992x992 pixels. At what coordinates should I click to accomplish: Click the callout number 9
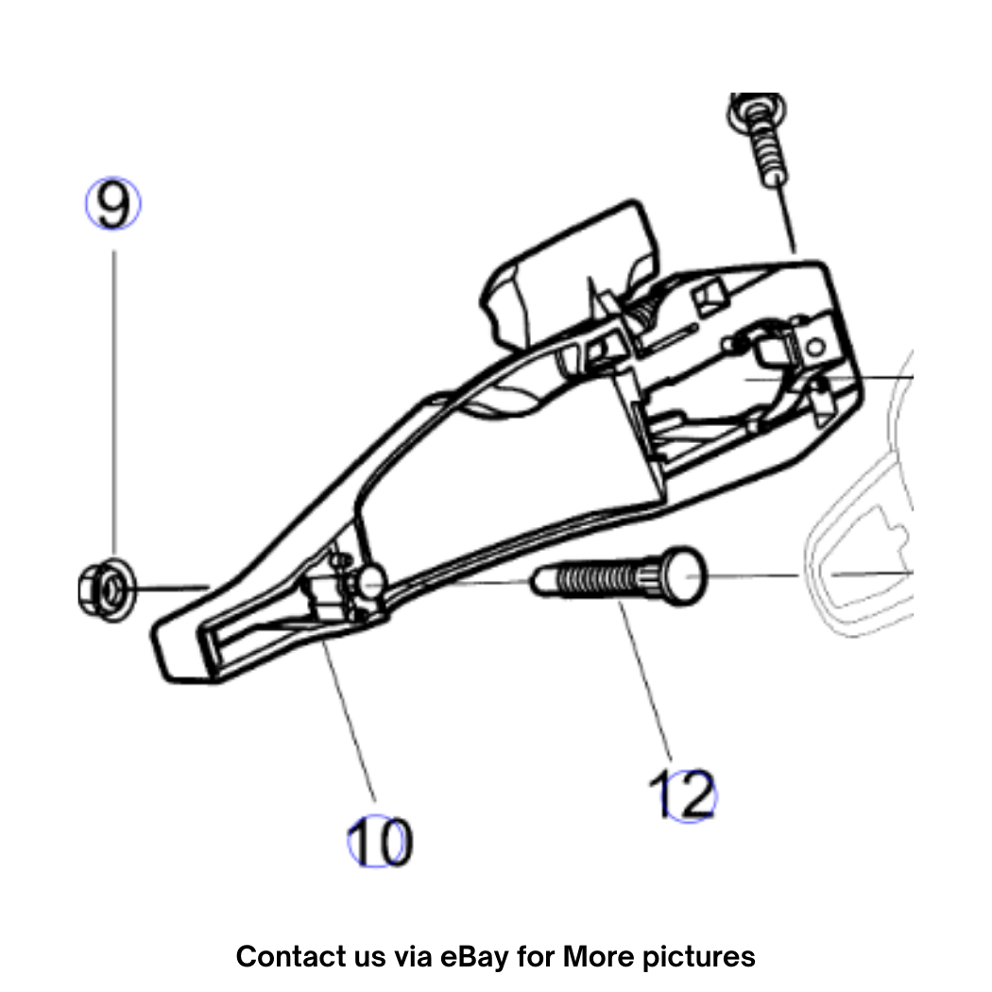tap(113, 204)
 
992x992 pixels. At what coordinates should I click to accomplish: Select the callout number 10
tap(380, 842)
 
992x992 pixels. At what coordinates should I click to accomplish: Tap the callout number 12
tap(683, 795)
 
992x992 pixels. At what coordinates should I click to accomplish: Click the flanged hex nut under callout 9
tap(106, 590)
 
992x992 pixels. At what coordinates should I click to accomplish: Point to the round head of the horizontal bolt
tap(683, 575)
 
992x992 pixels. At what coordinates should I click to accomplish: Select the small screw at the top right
tap(761, 139)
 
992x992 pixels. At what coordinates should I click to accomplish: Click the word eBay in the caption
tap(474, 956)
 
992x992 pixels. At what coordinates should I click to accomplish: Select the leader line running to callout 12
tap(645, 681)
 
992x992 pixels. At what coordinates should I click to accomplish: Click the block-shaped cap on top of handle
tap(570, 272)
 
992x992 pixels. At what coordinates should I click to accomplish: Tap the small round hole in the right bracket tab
tap(815, 347)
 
